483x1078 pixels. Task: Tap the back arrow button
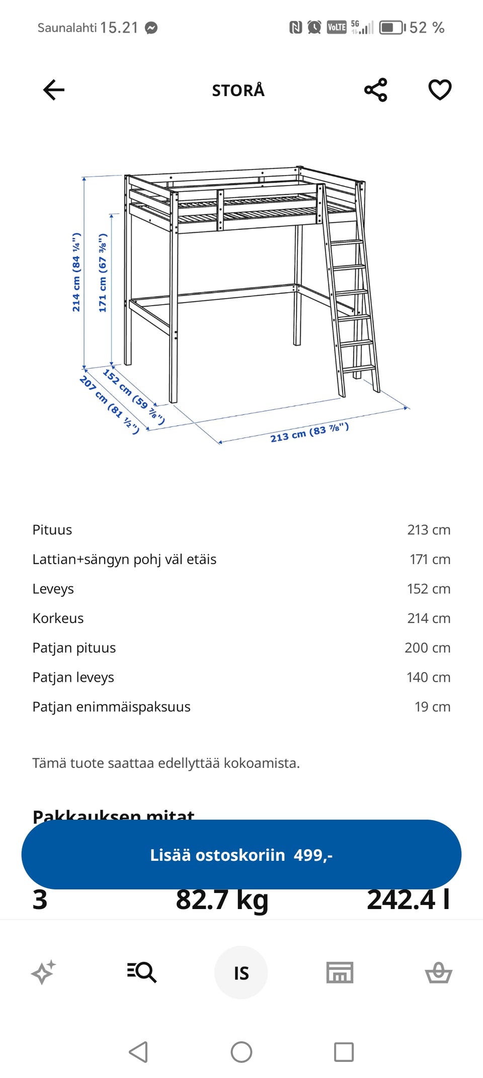54,91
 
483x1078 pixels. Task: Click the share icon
376,91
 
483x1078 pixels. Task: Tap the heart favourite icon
440,91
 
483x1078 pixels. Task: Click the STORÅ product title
238,91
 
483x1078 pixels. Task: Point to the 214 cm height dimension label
76,272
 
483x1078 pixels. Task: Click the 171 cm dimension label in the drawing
103,273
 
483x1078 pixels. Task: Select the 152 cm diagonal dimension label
133,396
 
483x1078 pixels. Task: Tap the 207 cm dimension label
109,404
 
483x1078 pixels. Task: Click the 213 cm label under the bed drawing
309,432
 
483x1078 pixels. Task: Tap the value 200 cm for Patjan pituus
427,648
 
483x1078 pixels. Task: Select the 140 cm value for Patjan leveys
428,677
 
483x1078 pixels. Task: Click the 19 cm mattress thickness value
432,707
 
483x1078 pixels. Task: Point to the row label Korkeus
58,618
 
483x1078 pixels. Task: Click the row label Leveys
53,589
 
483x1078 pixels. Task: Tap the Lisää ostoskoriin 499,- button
242,855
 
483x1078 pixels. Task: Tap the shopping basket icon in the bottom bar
438,972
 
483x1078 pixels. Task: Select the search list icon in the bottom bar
142,972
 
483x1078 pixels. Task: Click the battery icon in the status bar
392,28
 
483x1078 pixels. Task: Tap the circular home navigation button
242,1052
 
